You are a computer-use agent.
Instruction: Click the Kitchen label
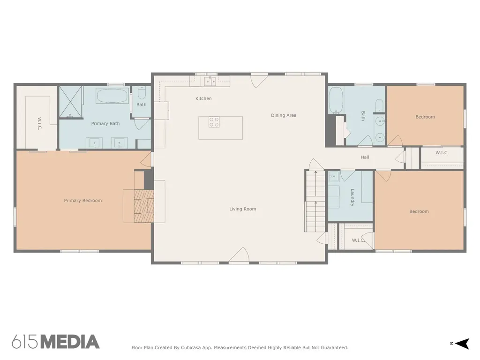[x=203, y=98]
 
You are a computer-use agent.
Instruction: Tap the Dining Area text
[x=284, y=115]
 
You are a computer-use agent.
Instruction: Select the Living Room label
[x=243, y=209]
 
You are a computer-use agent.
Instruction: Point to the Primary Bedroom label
[x=82, y=201]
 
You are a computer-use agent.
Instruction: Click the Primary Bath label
[x=105, y=124]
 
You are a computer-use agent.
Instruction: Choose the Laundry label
[x=352, y=197]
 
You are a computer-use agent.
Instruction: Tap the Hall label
[x=365, y=157]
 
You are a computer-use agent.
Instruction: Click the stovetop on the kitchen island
[x=214, y=122]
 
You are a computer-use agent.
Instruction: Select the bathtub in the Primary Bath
[x=112, y=96]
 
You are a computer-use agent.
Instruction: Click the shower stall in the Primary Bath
[x=71, y=102]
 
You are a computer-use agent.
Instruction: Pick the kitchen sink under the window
[x=210, y=82]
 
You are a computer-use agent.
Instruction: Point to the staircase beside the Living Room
[x=315, y=201]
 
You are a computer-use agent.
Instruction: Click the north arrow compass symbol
[x=462, y=344]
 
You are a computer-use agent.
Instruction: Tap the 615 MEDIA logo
[x=56, y=342]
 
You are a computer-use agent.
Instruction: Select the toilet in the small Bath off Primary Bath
[x=142, y=93]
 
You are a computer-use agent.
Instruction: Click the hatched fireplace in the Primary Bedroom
[x=144, y=206]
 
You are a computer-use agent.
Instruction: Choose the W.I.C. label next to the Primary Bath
[x=39, y=124]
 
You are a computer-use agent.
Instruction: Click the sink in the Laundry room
[x=334, y=176]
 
